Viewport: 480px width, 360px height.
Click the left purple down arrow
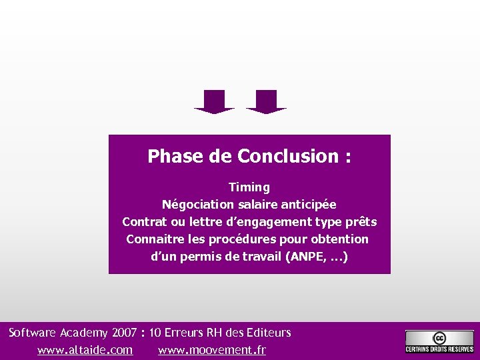(x=214, y=101)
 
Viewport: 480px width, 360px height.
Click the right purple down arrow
(x=266, y=101)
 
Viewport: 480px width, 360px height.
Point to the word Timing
(x=249, y=187)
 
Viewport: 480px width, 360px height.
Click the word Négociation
(x=197, y=205)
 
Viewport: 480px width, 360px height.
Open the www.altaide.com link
(x=85, y=350)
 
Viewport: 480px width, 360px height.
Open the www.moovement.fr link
(x=212, y=350)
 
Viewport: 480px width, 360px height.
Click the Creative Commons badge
(x=439, y=342)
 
